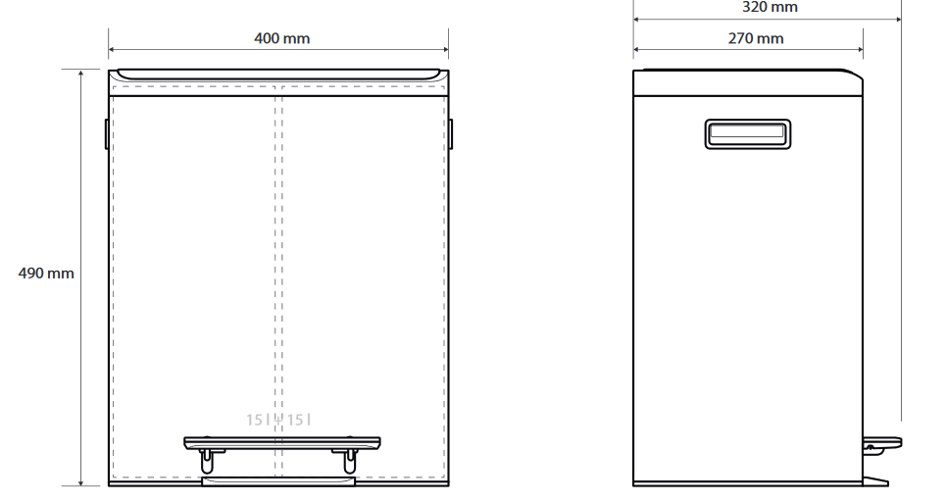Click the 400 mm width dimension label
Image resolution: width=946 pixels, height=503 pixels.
[x=281, y=38]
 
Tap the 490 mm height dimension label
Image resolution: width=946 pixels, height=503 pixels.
[x=46, y=274]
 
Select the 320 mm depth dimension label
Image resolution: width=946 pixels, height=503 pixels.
[x=770, y=7]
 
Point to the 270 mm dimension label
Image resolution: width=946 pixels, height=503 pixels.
[x=756, y=38]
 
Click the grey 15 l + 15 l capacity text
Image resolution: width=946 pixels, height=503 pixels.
[x=278, y=420]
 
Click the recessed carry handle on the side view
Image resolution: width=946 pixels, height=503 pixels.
[x=748, y=134]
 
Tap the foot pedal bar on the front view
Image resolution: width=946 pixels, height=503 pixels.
[x=282, y=443]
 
